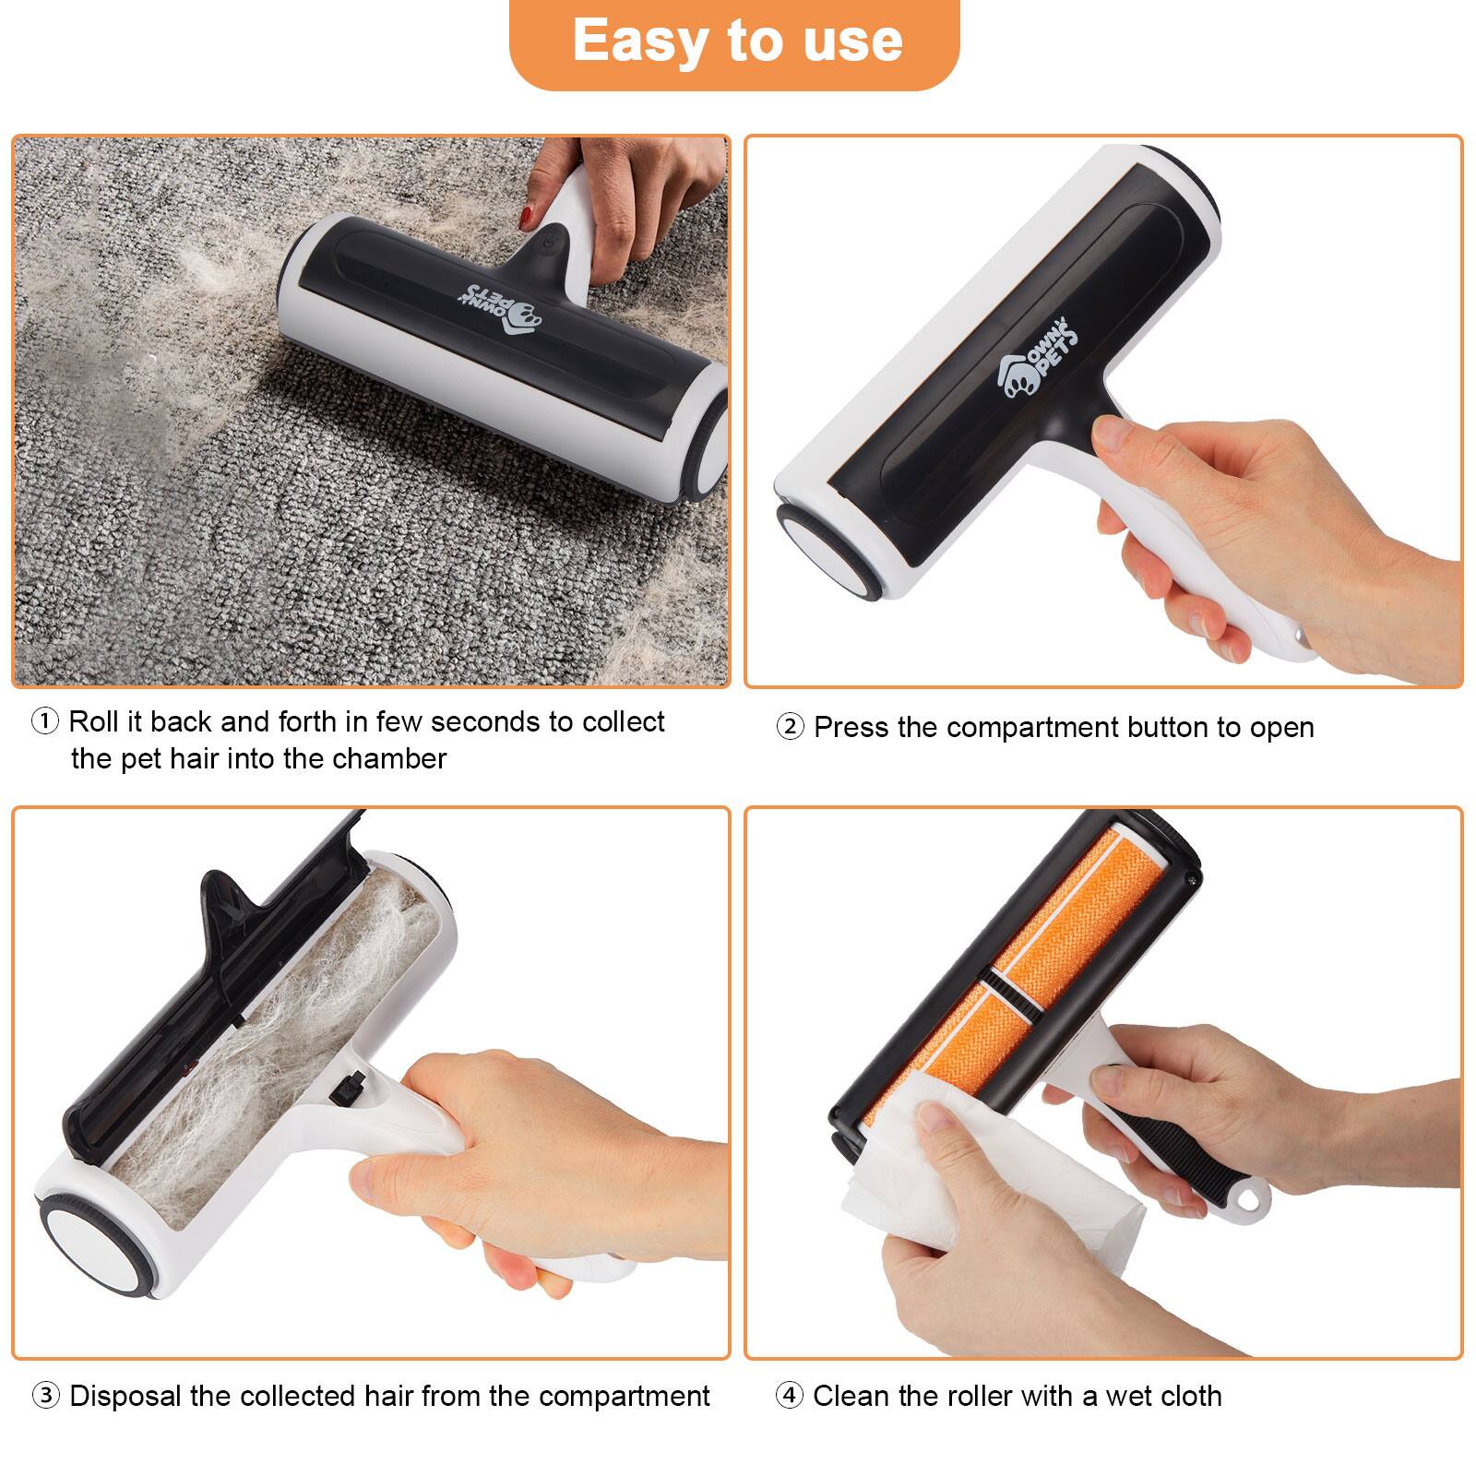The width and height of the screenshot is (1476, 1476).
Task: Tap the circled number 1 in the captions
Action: point(45,720)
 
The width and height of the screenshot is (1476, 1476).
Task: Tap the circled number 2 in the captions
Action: point(790,727)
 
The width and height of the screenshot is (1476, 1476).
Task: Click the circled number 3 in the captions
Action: point(45,1395)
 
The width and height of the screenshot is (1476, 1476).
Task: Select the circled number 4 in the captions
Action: point(789,1395)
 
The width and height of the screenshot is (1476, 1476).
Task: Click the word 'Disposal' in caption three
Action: point(125,1395)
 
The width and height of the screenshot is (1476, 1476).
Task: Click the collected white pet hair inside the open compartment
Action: point(277,1042)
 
